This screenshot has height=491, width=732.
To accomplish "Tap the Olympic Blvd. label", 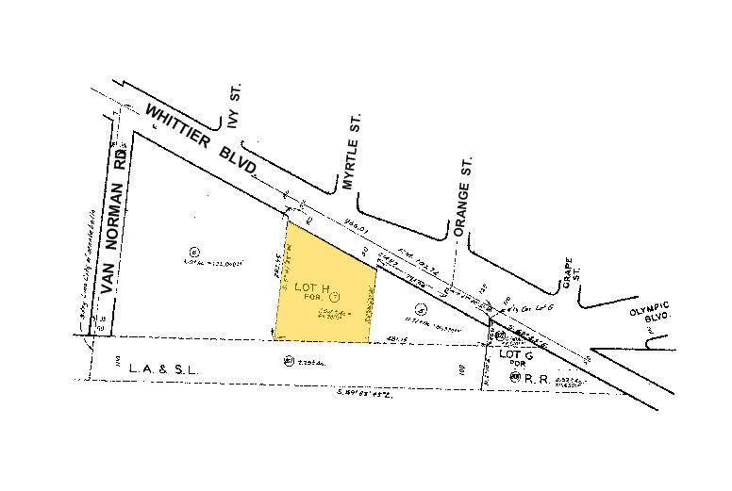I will coord(650,311).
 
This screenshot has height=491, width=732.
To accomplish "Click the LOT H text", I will coord(313,286).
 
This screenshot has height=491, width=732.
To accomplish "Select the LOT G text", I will coord(516,354).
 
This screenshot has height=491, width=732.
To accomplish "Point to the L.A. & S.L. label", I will coord(165,370).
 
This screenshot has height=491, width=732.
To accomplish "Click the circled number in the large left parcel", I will coord(194,251).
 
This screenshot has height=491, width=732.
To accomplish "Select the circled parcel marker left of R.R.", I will coord(514,376).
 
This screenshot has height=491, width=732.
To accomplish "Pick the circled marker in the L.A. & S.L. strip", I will coord(287,359).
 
